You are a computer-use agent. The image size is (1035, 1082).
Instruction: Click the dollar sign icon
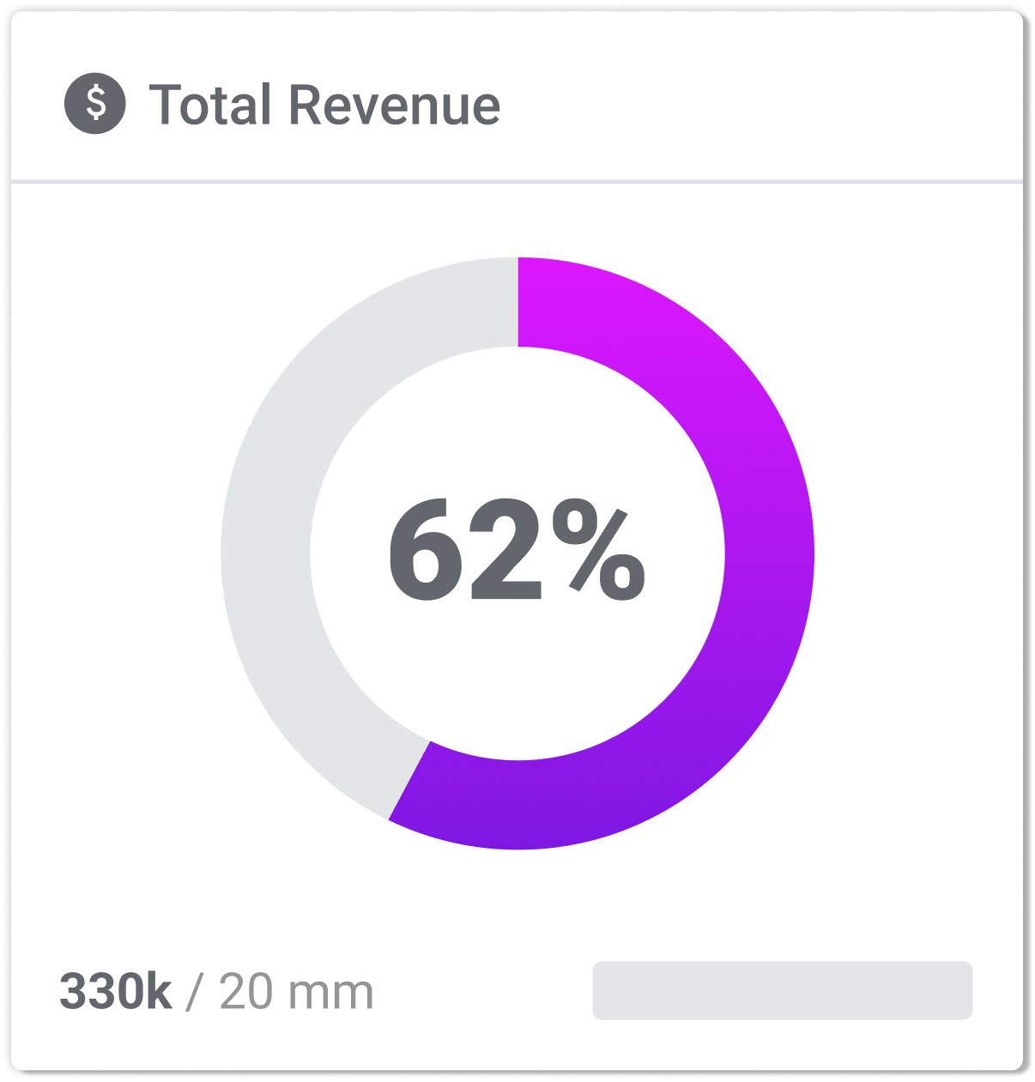pos(95,104)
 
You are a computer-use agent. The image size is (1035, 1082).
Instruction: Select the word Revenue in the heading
pos(394,106)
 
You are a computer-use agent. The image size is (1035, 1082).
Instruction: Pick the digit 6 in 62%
pos(429,552)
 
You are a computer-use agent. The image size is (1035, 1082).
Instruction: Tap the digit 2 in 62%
pos(508,552)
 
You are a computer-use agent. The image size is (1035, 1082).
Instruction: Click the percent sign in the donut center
pos(598,552)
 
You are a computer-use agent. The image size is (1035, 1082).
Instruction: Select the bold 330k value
pos(115,992)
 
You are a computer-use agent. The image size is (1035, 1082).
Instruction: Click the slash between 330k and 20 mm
pos(195,992)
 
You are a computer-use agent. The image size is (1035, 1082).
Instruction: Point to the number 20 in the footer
pos(246,992)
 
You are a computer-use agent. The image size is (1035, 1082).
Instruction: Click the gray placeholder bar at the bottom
pos(782,990)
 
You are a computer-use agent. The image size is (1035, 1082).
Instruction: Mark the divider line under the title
pos(517,181)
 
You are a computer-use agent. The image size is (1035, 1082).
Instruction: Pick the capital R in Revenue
pos(306,106)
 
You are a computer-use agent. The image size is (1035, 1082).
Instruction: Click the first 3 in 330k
pos(73,992)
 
